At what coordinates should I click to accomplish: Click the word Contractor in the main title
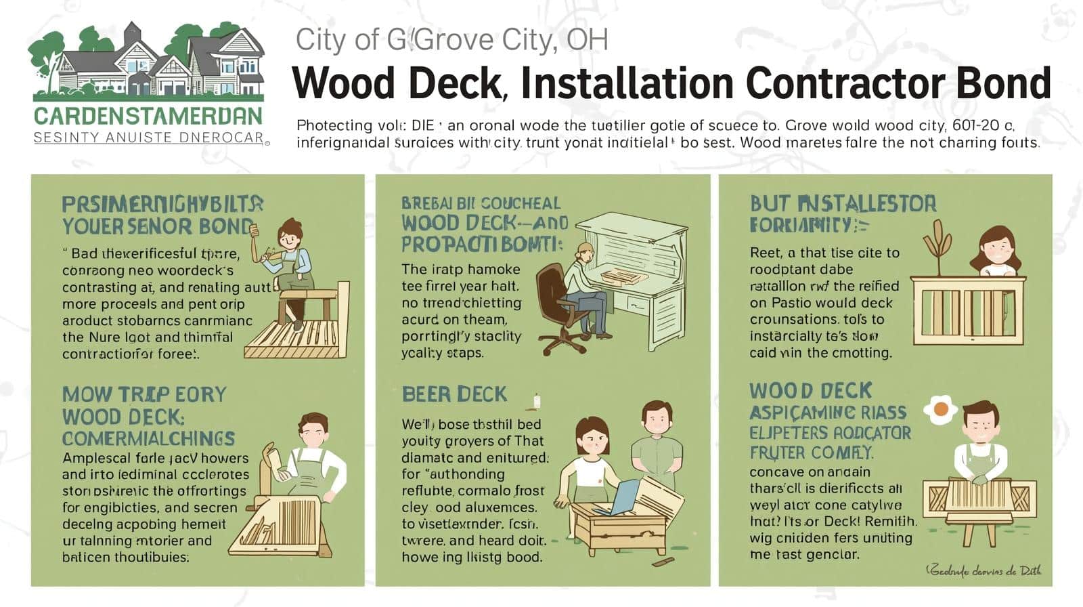pos(834,83)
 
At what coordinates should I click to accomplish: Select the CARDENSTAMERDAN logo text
pos(148,116)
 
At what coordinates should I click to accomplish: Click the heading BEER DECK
pos(454,394)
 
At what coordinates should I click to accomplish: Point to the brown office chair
pos(560,305)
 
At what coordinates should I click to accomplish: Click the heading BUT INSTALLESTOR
pos(843,203)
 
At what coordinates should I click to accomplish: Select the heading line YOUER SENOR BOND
pos(157,226)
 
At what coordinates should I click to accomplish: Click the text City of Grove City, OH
pos(451,40)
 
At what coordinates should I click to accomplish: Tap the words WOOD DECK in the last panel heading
pos(810,391)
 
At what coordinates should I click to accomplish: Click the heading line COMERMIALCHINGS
pos(148,438)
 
